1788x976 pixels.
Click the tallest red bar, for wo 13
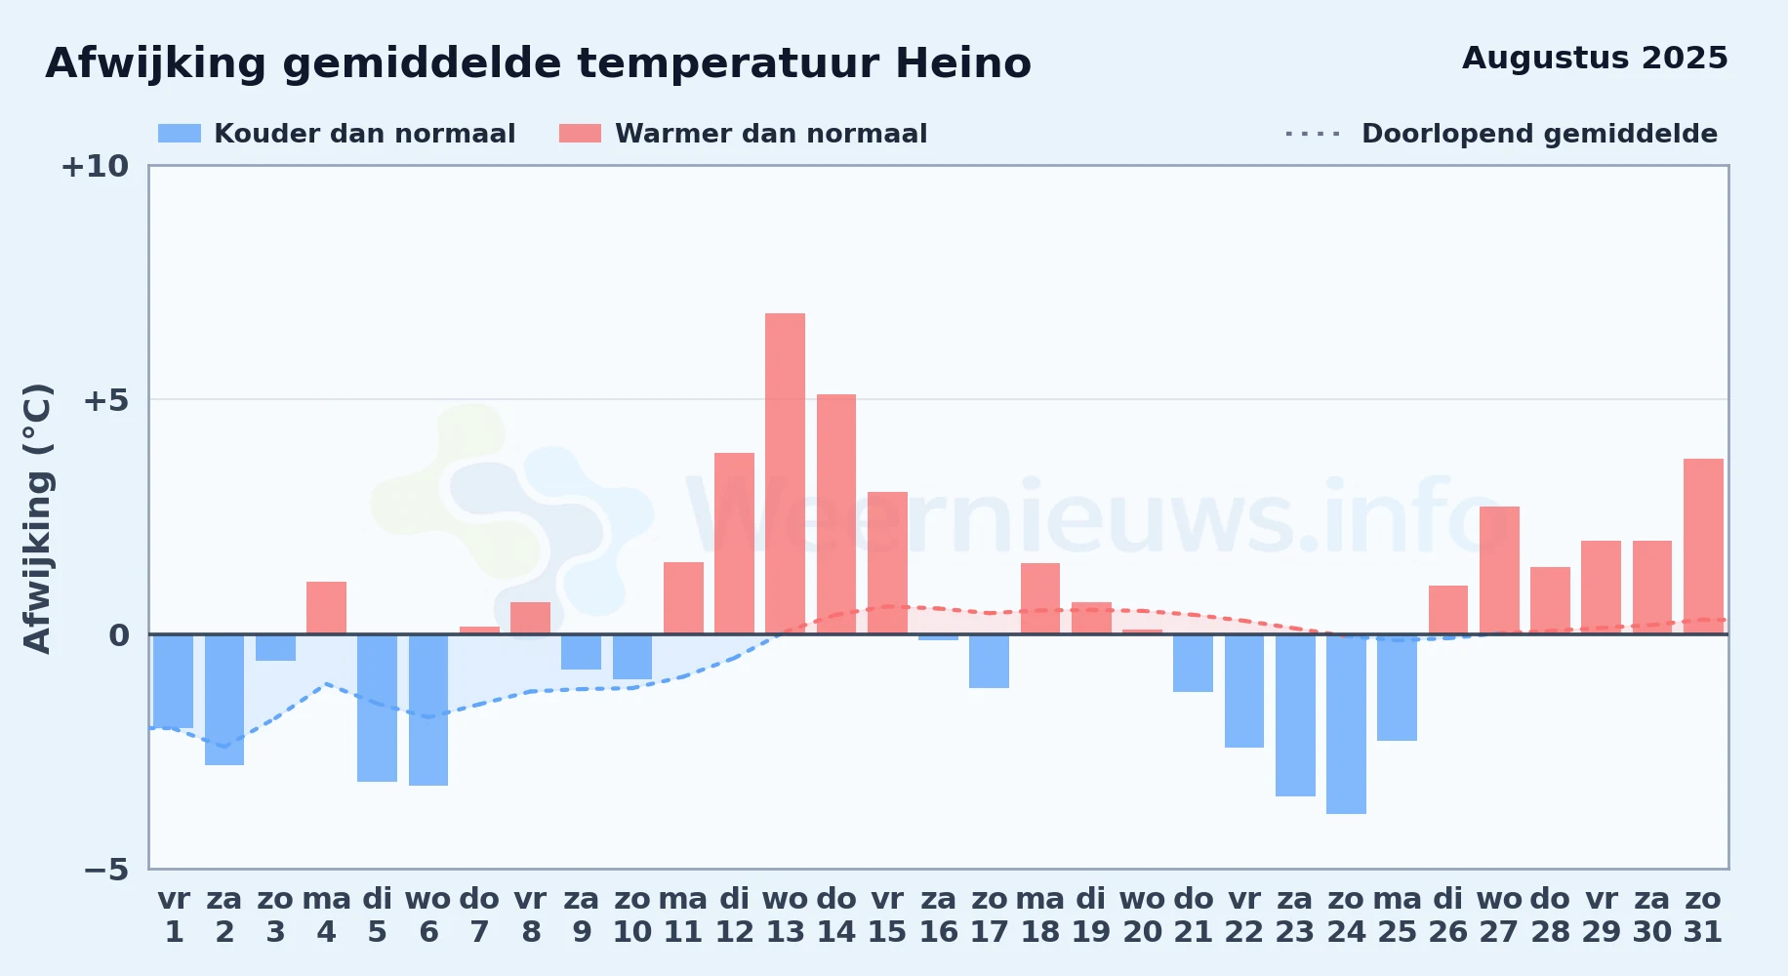point(785,473)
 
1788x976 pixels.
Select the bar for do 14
point(836,514)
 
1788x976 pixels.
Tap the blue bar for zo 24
point(1346,724)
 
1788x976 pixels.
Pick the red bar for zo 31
point(1703,547)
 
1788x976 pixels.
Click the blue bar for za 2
point(224,700)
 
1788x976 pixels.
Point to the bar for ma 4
point(326,608)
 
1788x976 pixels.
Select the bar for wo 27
point(1499,570)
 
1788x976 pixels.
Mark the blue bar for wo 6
point(428,710)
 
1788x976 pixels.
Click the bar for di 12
point(734,544)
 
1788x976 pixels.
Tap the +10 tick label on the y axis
point(95,166)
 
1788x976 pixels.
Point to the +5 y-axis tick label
point(105,400)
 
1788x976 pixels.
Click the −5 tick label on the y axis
point(105,869)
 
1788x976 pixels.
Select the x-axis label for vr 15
point(887,915)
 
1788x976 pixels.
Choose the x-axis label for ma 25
point(1398,915)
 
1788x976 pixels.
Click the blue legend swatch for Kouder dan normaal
point(180,134)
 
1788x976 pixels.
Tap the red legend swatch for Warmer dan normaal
point(580,134)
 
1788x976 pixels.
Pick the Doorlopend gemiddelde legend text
point(1539,134)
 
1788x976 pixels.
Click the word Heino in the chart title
point(962,63)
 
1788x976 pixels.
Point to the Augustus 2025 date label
point(1595,58)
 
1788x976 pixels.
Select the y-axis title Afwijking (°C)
point(37,517)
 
